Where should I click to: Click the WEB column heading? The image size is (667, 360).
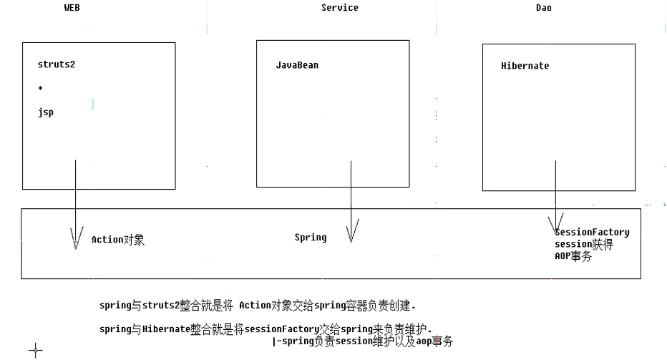click(x=72, y=8)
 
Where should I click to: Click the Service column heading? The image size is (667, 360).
click(x=340, y=8)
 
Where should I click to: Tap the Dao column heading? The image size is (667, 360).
click(x=543, y=8)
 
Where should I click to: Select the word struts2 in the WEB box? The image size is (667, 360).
click(x=57, y=64)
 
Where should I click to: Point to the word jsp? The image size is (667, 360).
click(x=46, y=112)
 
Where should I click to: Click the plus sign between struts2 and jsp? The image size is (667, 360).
click(x=41, y=88)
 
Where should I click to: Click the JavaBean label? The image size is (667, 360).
click(x=297, y=65)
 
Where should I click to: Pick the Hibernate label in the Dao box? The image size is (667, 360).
click(x=525, y=66)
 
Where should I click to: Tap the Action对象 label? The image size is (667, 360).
click(x=118, y=240)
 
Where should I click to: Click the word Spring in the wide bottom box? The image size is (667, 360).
click(x=311, y=237)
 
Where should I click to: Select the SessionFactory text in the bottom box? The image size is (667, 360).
click(x=593, y=232)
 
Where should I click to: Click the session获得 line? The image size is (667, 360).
click(x=583, y=244)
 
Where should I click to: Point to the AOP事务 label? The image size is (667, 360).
click(x=573, y=256)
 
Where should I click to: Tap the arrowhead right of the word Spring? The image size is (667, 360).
click(x=351, y=231)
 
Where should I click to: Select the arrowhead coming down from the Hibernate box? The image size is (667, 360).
click(x=555, y=221)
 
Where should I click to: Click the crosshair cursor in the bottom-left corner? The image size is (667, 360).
click(x=36, y=350)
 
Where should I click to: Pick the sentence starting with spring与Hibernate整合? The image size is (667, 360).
click(x=266, y=329)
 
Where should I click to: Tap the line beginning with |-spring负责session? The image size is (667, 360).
click(x=363, y=342)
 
